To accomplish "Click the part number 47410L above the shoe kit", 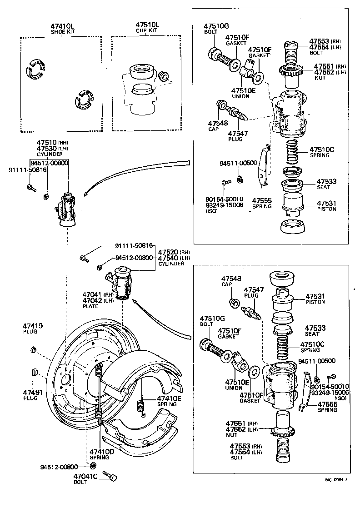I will pos(63,26).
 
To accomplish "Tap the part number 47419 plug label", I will pos(32,326).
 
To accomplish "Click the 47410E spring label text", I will pos(169,398).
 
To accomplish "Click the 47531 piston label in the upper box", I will pos(326,203).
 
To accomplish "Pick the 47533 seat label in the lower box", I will pos(314,328).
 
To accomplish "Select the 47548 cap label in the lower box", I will pos(231,279).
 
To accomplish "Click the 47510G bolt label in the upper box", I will pos(216,26).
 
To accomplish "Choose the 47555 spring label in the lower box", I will pos(327,404).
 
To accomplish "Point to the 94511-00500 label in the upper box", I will pos(232,163).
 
